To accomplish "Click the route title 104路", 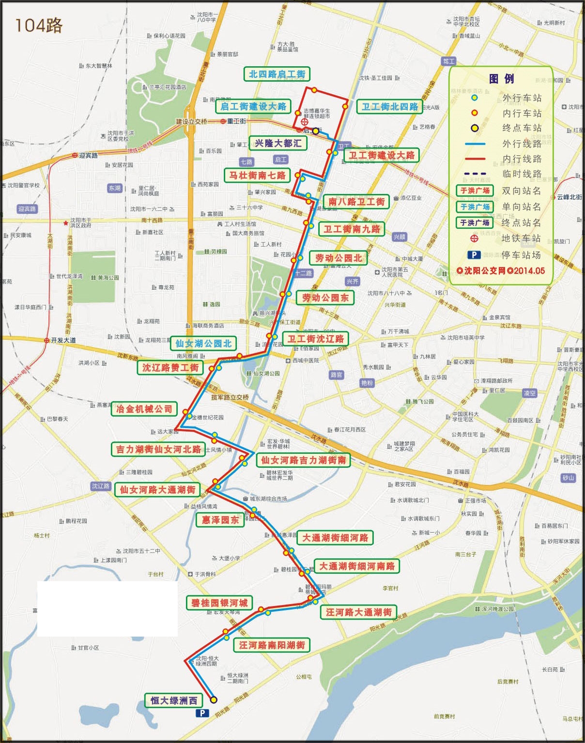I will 39,25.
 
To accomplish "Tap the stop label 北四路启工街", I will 277,74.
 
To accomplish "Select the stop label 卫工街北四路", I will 389,107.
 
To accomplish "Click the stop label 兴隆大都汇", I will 278,143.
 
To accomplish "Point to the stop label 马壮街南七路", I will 257,175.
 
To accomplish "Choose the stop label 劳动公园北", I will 339,258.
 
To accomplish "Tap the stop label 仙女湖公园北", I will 203,343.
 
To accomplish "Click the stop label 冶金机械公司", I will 144,409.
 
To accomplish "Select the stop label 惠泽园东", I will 220,520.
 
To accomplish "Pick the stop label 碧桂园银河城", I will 219,603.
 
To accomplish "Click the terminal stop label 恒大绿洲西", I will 173,700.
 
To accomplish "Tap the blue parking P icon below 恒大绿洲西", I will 202,713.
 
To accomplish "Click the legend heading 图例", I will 501,79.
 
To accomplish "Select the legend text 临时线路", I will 521,174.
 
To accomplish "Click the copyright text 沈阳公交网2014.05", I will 501,271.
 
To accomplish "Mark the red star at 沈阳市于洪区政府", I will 66,223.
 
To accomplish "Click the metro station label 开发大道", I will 63,340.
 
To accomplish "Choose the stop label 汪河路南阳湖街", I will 272,645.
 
